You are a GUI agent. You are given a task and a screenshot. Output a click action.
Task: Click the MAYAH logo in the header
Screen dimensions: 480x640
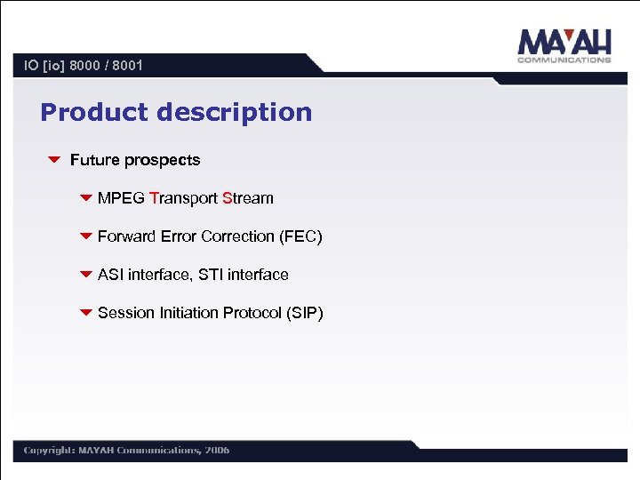(x=564, y=42)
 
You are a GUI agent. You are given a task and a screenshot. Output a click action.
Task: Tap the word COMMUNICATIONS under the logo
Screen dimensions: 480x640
(x=564, y=60)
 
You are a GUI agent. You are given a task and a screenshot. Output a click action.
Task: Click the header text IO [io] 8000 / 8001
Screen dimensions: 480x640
(x=84, y=65)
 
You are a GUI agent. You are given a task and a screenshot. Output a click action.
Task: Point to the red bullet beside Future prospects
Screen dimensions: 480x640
(x=53, y=161)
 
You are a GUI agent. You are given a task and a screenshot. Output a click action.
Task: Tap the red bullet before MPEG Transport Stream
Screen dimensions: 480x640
(x=85, y=198)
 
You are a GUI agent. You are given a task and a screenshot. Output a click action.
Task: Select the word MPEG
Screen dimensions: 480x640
(x=121, y=198)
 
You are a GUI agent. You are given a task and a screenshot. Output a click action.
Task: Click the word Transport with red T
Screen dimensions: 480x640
(x=184, y=198)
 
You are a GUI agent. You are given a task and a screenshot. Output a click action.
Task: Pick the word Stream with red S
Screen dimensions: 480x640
(x=248, y=198)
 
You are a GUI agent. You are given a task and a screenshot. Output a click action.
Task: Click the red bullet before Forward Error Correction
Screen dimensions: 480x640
(x=85, y=236)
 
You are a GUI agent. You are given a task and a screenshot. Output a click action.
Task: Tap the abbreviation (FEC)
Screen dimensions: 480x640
(x=300, y=236)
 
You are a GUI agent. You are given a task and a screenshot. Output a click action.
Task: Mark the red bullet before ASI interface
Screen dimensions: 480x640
(x=85, y=275)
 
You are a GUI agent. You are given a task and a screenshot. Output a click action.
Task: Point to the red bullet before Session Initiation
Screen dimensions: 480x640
(x=85, y=313)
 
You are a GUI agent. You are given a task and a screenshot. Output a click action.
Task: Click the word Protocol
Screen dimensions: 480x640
(x=253, y=313)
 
